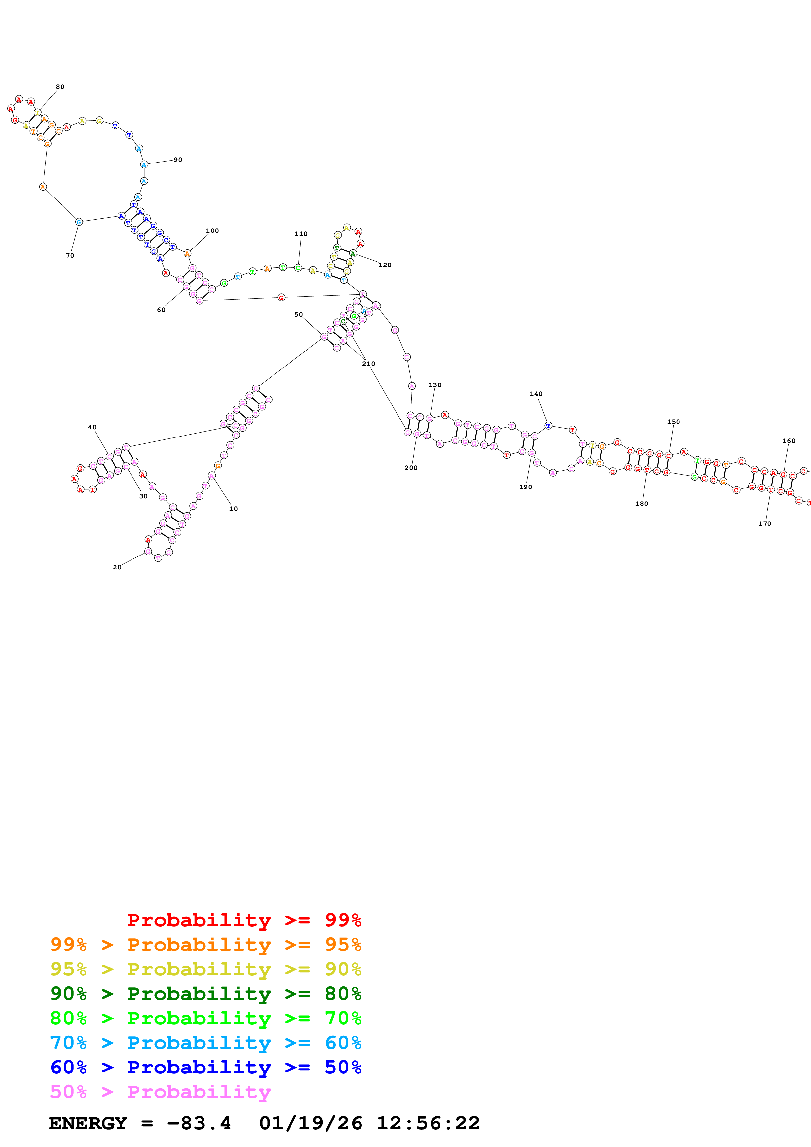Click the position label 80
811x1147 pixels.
pyautogui.click(x=60, y=87)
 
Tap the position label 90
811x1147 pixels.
pyautogui.click(x=178, y=160)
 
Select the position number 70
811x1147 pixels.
pyautogui.click(x=70, y=256)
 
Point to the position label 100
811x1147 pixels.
pyautogui.click(x=212, y=231)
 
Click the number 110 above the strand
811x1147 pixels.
pyautogui.click(x=301, y=234)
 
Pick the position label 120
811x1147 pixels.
pyautogui.click(x=385, y=265)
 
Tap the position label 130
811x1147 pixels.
pyautogui.click(x=435, y=385)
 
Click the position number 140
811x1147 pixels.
pyautogui.click(x=536, y=394)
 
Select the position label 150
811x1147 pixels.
pyautogui.click(x=674, y=422)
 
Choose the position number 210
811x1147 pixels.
pyautogui.click(x=369, y=364)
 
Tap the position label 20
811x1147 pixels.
pyautogui.click(x=117, y=567)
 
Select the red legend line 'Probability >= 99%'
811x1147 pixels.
pyautogui.click(x=244, y=920)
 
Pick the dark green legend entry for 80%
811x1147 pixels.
pyautogui.click(x=205, y=994)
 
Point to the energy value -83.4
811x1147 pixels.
pyautogui.click(x=199, y=1123)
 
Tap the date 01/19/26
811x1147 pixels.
pyautogui.click(x=311, y=1123)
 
